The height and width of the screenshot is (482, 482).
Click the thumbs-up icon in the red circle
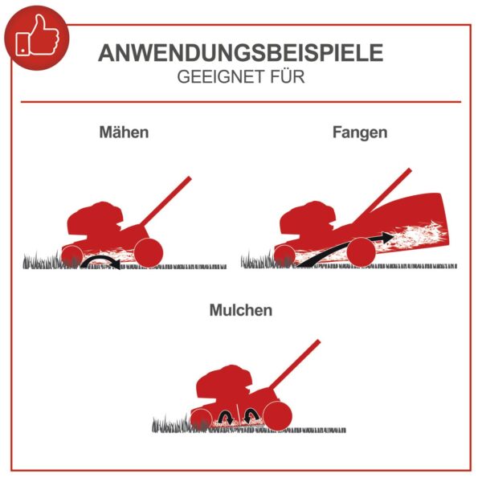point(38,36)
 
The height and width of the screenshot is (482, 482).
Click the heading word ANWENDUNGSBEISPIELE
point(241,53)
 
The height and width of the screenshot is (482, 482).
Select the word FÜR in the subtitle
point(288,76)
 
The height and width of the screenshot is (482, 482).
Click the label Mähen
point(124,133)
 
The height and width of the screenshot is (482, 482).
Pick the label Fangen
point(360,133)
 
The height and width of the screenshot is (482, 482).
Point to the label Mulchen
point(241,310)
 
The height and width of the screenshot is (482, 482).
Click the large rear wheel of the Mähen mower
point(149,252)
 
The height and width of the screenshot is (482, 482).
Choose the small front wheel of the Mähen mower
point(72,256)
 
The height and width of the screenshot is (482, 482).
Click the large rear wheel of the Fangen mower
point(361,252)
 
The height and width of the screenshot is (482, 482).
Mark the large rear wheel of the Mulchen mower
point(277,416)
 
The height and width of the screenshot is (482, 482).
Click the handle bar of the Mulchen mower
point(295,364)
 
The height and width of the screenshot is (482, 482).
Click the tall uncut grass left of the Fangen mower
point(258,260)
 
